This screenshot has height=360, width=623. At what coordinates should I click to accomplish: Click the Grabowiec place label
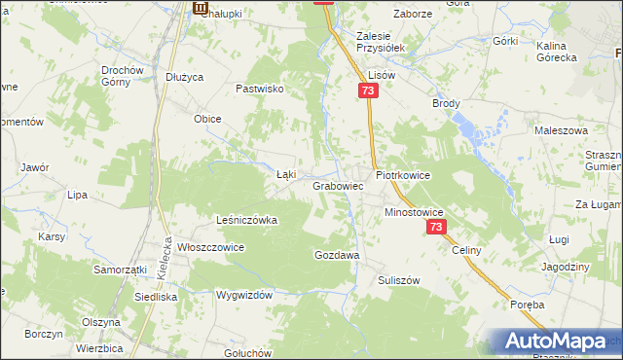pyautogui.click(x=338, y=185)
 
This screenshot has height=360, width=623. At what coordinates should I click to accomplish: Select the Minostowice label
pyautogui.click(x=414, y=211)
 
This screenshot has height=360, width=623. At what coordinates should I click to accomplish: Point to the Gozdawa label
pyautogui.click(x=337, y=254)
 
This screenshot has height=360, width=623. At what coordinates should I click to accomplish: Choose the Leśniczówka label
pyautogui.click(x=246, y=220)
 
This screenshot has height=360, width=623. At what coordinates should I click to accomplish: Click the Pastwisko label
pyautogui.click(x=260, y=89)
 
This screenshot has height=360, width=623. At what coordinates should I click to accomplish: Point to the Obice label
pyautogui.click(x=207, y=119)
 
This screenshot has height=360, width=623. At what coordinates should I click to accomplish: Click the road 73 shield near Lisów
pyautogui.click(x=367, y=90)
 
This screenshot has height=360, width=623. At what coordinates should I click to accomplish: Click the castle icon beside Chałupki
pyautogui.click(x=201, y=9)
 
